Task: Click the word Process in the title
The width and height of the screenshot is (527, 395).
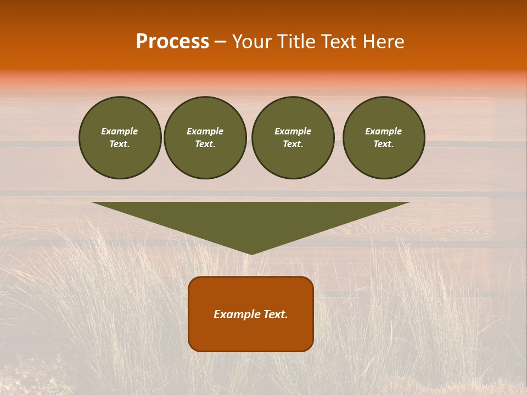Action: coord(172,42)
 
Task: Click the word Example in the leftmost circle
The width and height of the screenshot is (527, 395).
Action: coord(120,131)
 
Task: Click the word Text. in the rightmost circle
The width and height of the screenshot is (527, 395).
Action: coord(384,144)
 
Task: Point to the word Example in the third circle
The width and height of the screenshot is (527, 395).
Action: coord(293,131)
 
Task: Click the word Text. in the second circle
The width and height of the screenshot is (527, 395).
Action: coord(205,144)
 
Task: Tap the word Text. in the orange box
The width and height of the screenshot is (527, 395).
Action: coord(277,314)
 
